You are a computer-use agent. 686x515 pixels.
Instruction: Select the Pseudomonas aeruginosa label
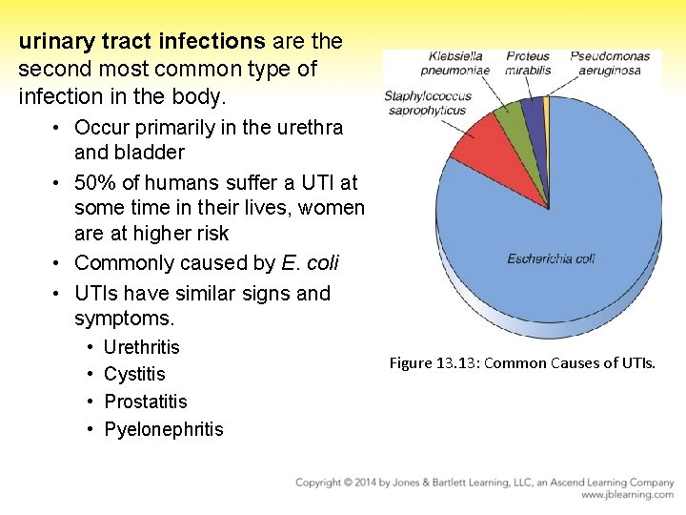[610, 63]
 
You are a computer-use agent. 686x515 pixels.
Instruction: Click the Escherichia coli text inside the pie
[551, 258]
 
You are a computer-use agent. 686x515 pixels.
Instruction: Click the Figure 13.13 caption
[522, 362]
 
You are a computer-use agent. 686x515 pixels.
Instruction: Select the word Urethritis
[141, 347]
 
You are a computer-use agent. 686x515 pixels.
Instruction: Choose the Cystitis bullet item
[134, 375]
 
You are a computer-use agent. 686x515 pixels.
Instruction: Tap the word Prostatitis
[145, 402]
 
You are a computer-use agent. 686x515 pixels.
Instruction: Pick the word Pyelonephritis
[163, 429]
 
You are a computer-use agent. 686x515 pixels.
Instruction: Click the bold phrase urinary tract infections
[142, 42]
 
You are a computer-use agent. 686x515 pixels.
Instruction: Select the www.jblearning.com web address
[627, 495]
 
